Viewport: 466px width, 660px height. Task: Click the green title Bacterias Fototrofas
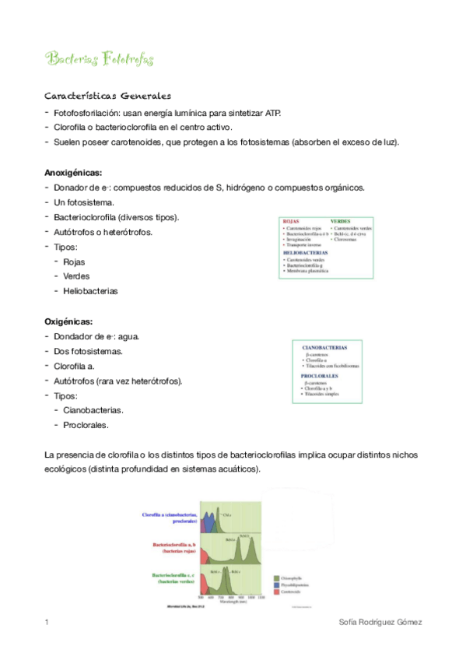100,60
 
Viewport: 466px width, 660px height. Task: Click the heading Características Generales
108,97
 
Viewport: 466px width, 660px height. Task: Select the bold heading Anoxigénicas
74,173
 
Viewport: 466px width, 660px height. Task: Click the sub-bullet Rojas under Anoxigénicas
74,262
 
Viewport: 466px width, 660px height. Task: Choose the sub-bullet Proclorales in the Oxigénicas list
86,425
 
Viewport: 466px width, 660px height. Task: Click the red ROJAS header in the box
291,221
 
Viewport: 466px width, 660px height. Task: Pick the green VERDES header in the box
340,221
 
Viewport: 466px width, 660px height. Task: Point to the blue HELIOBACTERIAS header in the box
305,252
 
